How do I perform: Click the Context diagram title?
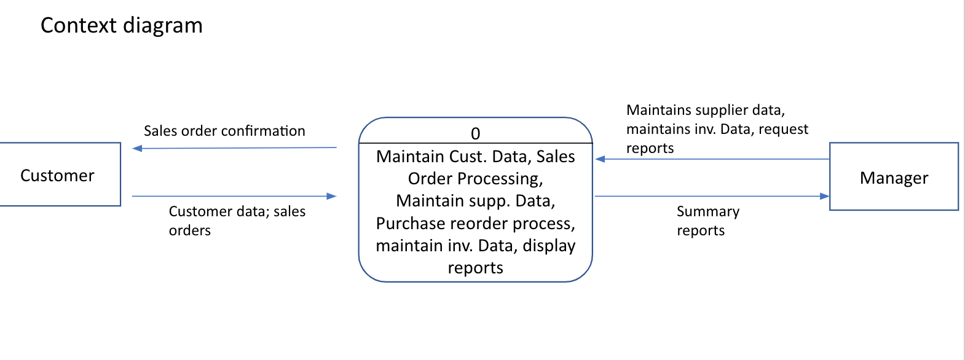click(121, 26)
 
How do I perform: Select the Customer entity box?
click(58, 175)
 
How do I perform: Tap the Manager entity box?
click(893, 178)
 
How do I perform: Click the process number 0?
click(475, 133)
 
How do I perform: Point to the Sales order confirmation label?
click(224, 131)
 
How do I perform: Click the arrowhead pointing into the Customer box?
click(137, 148)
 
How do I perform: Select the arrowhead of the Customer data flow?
click(332, 196)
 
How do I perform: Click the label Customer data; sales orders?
click(237, 221)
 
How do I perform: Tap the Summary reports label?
click(707, 221)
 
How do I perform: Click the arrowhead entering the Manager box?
click(824, 197)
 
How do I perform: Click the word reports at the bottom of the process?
click(475, 268)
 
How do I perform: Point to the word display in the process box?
click(549, 245)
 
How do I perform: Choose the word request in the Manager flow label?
click(783, 130)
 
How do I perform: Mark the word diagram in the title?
click(162, 26)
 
